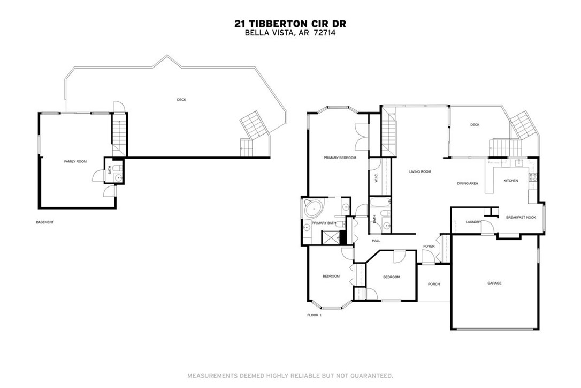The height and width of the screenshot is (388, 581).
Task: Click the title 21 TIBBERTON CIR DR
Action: click(290, 23)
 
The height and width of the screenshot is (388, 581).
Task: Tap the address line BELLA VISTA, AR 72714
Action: click(290, 32)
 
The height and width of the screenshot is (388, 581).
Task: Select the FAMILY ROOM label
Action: click(75, 161)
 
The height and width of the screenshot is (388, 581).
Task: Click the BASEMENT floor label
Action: click(45, 222)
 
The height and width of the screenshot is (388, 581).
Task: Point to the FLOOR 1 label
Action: click(314, 315)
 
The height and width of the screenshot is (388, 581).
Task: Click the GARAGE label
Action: click(494, 283)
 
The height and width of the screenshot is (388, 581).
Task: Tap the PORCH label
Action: click(433, 284)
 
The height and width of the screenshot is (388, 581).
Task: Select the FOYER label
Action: click(429, 247)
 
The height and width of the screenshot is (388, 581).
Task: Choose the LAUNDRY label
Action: click(473, 222)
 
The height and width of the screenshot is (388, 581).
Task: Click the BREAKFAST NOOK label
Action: click(521, 217)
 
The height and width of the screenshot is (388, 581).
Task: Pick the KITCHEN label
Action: click(511, 181)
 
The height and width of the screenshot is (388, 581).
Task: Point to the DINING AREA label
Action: click(467, 183)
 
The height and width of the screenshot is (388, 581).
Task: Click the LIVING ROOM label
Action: click(420, 172)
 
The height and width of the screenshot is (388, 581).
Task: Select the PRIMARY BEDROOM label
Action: click(339, 158)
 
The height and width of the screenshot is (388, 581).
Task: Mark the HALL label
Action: click(376, 241)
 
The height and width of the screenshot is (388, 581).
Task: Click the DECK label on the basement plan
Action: click(182, 100)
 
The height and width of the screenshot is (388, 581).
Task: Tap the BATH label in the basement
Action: click(110, 171)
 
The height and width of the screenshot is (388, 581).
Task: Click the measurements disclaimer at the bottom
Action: click(290, 375)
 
